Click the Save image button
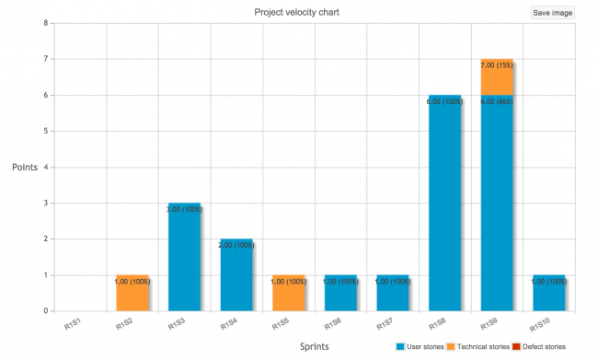[552, 13]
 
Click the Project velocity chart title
[301, 12]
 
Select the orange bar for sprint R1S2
[132, 293]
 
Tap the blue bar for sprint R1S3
[184, 257]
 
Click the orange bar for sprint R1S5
[288, 293]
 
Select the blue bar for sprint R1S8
[444, 203]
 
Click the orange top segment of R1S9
[497, 77]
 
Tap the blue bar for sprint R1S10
[548, 293]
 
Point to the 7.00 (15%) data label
[497, 65]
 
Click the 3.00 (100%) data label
[184, 209]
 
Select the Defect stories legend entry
[539, 346]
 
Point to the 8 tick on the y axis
[45, 23]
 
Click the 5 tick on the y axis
[45, 131]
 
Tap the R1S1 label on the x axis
[74, 324]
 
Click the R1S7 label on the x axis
[385, 324]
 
